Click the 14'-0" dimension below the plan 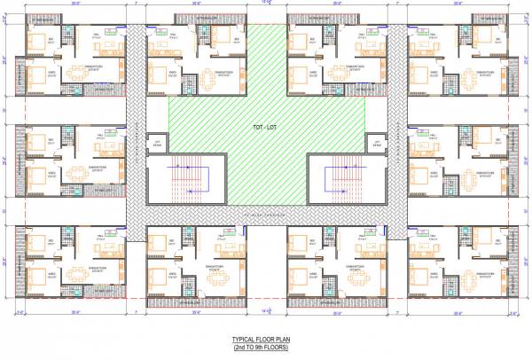267,313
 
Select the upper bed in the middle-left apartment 37,140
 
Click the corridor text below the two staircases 267,214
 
